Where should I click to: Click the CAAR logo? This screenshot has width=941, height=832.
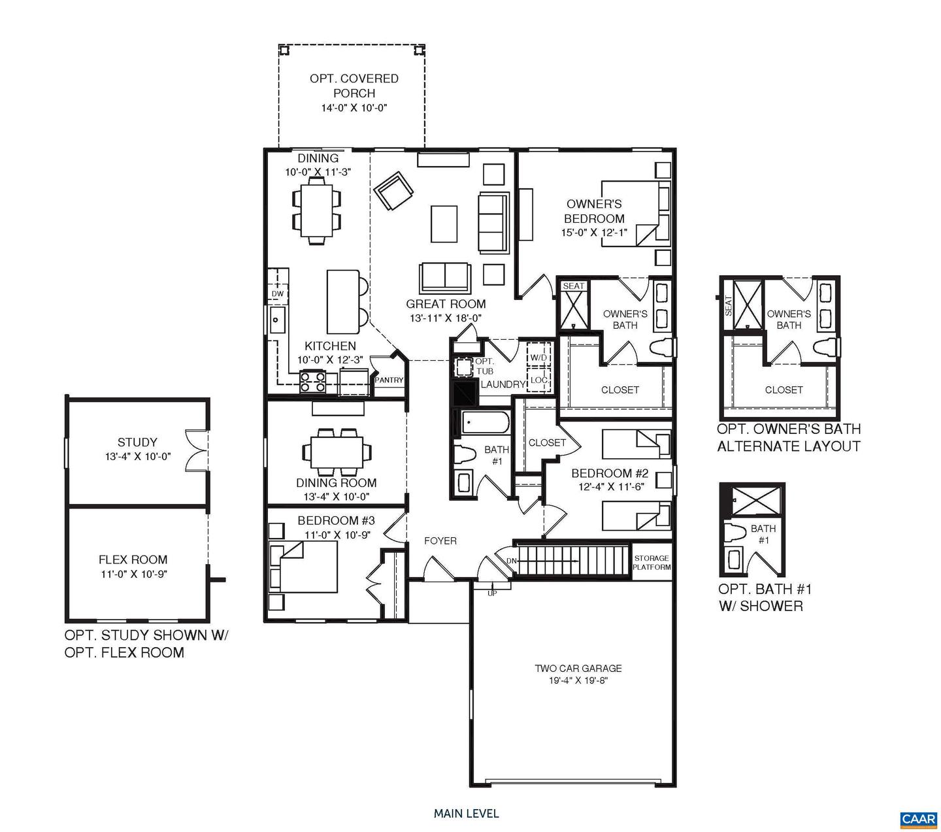(918, 819)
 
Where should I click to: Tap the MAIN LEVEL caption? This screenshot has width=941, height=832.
(466, 814)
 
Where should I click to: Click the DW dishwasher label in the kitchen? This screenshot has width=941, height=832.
(278, 294)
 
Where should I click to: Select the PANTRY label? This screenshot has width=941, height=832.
(389, 380)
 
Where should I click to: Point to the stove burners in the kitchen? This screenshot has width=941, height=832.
(312, 381)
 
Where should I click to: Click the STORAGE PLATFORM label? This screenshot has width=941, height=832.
(652, 563)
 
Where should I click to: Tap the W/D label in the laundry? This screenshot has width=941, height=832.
(538, 358)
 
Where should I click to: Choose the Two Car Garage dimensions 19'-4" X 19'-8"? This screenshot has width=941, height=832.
(578, 681)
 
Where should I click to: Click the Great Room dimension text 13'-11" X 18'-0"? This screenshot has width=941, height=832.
(446, 318)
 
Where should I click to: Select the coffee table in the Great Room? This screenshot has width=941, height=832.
(444, 224)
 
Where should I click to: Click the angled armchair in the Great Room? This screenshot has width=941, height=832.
(393, 191)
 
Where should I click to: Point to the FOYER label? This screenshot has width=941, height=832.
(440, 541)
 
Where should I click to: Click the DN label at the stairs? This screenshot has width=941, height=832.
(511, 561)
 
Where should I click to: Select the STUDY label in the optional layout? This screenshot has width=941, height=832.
(137, 442)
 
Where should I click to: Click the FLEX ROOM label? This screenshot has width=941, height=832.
(133, 559)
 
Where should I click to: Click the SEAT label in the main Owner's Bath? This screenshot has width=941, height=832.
(573, 286)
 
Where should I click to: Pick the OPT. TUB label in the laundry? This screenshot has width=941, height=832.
(484, 366)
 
